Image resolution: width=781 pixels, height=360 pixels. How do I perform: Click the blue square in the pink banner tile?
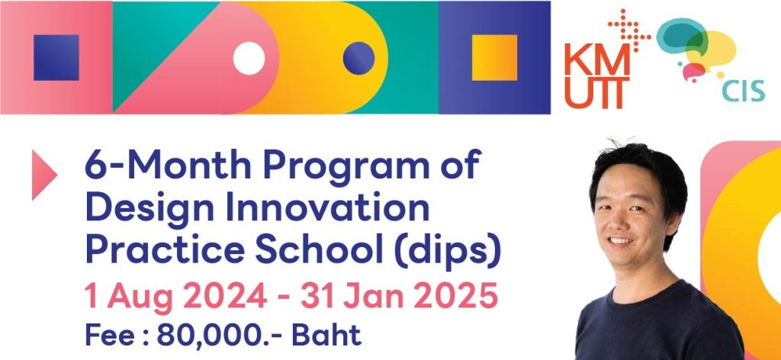(56, 57)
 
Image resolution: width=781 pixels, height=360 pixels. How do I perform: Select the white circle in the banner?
(249, 58)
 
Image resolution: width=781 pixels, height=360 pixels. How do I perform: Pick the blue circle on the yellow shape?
(358, 58)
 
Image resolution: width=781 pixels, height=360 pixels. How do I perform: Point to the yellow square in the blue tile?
(494, 57)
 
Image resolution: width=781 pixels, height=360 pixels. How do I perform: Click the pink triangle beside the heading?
(43, 175)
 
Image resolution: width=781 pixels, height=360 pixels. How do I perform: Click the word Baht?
(326, 335)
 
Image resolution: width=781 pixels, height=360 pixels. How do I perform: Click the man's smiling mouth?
(621, 240)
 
